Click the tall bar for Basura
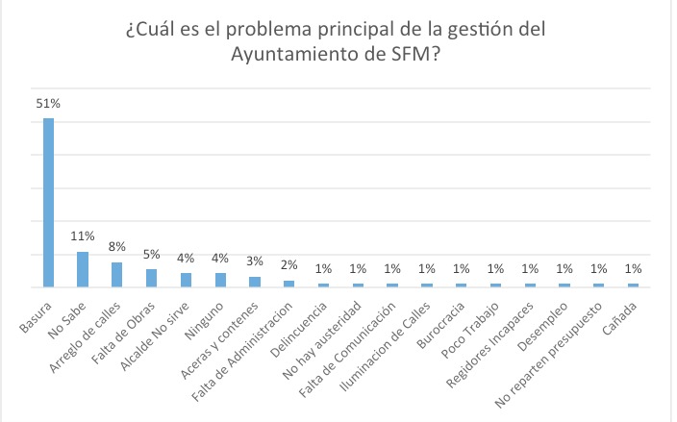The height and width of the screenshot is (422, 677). [48, 203]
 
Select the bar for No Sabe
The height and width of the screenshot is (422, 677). [83, 270]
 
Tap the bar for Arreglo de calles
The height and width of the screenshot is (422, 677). [117, 275]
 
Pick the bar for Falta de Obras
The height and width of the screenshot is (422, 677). [152, 279]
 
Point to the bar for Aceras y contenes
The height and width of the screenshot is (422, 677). [255, 282]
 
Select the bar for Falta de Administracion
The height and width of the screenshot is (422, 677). [289, 284]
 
